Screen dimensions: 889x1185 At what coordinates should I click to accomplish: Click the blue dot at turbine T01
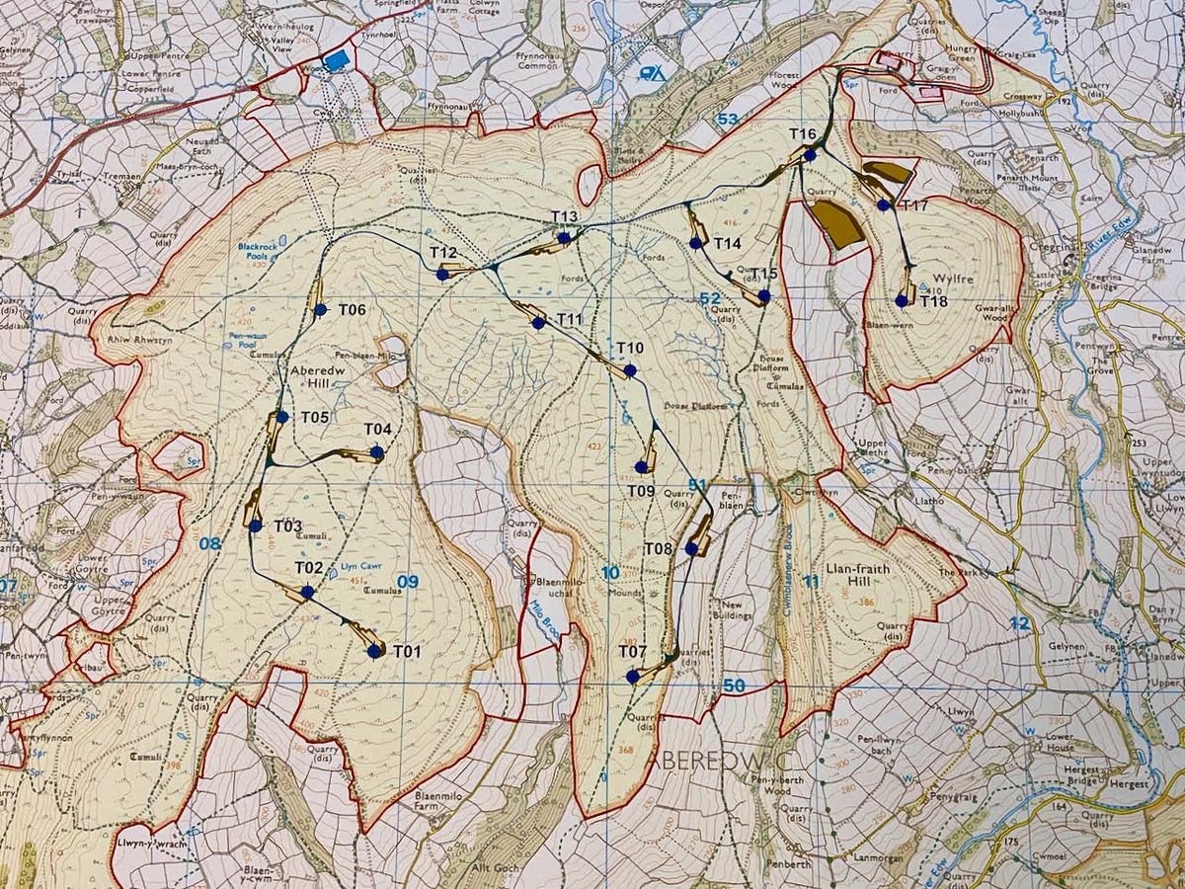click(374, 651)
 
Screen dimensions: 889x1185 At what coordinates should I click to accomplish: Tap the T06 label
click(353, 309)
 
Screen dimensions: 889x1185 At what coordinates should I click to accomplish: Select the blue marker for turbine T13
click(563, 238)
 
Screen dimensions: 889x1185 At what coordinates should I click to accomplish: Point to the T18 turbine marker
click(902, 300)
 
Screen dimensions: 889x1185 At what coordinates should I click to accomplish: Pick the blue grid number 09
click(407, 582)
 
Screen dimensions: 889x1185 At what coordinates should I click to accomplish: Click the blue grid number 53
click(728, 120)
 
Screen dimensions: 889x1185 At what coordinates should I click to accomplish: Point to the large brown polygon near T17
click(838, 223)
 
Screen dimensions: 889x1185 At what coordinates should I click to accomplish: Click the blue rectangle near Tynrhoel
click(336, 60)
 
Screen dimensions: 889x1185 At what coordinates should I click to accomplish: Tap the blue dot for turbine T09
click(641, 466)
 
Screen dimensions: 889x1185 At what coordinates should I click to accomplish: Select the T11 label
click(570, 319)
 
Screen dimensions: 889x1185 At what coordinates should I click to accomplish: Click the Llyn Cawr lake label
click(359, 567)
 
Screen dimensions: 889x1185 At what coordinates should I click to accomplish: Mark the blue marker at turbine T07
click(632, 677)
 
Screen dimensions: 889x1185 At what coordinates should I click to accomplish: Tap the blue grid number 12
click(1019, 623)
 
